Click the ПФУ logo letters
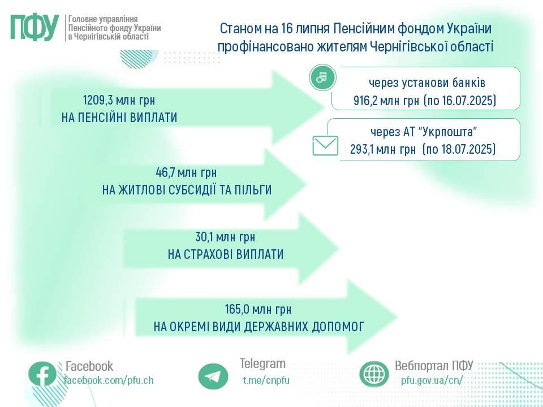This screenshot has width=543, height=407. click(x=35, y=28)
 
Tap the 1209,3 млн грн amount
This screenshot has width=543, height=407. click(x=119, y=101)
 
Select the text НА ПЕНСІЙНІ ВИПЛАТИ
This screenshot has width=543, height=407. click(x=119, y=118)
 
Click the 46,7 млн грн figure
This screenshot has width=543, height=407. click(x=186, y=173)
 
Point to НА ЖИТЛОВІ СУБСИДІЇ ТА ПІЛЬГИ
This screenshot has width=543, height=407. click(x=187, y=190)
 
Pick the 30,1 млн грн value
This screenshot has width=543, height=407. click(x=225, y=237)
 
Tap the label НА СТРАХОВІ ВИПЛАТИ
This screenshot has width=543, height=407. click(x=226, y=254)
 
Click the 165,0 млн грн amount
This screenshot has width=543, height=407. click(x=258, y=309)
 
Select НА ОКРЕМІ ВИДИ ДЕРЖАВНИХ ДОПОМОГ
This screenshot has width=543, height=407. click(x=258, y=326)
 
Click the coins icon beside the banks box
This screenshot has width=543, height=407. click(x=323, y=77)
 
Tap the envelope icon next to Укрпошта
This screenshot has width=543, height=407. click(x=326, y=145)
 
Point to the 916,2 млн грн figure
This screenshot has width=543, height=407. click(x=386, y=101)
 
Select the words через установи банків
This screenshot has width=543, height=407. click(x=427, y=83)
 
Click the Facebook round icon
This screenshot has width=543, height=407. click(x=42, y=374)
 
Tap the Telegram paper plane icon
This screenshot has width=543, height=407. click(x=213, y=376)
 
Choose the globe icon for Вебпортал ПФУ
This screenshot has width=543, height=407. click(x=374, y=374)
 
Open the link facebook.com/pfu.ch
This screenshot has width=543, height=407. click(x=109, y=380)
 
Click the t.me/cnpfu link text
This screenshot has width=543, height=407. click(x=266, y=380)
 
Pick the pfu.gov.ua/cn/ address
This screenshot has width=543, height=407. click(x=432, y=380)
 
